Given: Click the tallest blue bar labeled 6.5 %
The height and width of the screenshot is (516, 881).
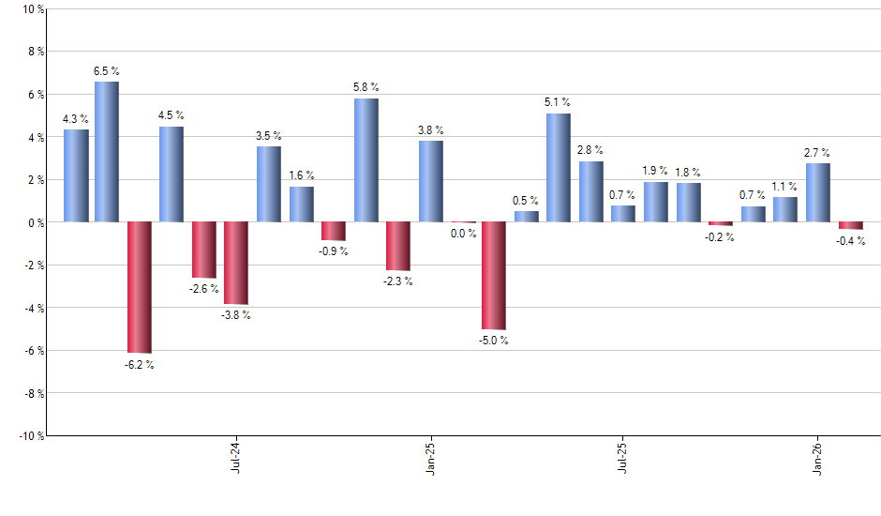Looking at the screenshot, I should [x=107, y=152].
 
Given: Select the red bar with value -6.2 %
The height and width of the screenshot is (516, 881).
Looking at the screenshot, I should [x=140, y=287].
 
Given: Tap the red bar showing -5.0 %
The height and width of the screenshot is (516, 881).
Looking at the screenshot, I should [x=494, y=276].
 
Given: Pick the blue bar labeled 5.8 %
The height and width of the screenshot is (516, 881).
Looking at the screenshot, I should [x=366, y=159].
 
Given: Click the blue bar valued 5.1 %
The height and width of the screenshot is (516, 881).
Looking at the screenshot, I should [x=559, y=167].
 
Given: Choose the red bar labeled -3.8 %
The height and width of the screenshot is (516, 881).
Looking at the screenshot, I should [x=236, y=263].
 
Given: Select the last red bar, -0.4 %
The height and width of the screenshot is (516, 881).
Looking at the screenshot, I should [x=851, y=226].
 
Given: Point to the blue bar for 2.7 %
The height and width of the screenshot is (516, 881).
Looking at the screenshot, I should [x=817, y=192].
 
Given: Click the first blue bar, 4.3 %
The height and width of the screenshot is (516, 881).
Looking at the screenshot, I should [x=76, y=175].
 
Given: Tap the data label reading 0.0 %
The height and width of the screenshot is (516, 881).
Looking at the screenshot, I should [x=463, y=234].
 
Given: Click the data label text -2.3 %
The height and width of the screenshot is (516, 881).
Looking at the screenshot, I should [x=398, y=281].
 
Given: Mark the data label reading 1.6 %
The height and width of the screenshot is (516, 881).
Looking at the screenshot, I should [x=302, y=175].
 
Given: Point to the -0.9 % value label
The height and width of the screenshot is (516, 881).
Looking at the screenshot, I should [x=334, y=251].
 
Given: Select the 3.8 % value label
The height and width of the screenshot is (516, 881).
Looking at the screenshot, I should [x=430, y=130].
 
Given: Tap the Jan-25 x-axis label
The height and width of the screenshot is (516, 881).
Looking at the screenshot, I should [x=429, y=457].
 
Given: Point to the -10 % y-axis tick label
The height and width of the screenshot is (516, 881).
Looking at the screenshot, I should [x=30, y=435].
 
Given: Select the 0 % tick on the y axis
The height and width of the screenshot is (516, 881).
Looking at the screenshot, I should [x=35, y=222].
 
